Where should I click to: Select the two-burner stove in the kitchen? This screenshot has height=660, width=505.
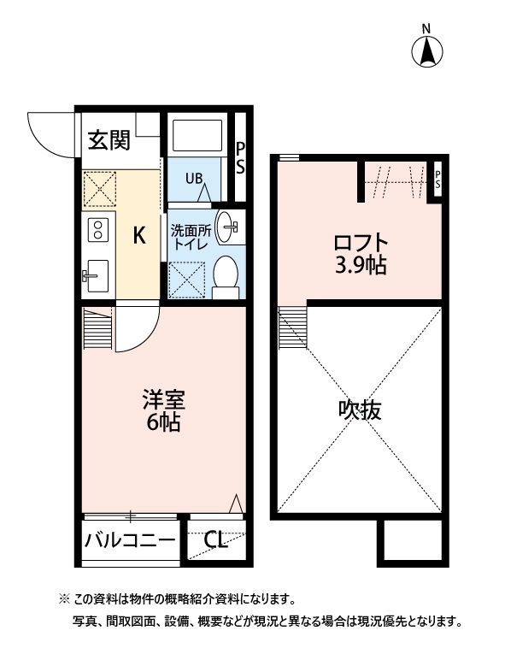coord(97,229)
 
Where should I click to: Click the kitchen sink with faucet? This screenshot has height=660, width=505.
coord(96,275)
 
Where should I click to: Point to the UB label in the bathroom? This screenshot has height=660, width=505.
coord(195,179)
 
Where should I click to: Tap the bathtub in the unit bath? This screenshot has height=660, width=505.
coord(197,137)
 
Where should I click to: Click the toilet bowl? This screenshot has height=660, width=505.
coord(226,274)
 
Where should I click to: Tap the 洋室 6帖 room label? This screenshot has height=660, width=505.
coord(162,410)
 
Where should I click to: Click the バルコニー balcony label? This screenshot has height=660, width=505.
coord(130,540)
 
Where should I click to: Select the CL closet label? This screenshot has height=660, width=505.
coord(215,540)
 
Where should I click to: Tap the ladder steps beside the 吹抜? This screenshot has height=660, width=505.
coord(293,328)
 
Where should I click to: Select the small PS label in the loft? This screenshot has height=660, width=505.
coord(437,180)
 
